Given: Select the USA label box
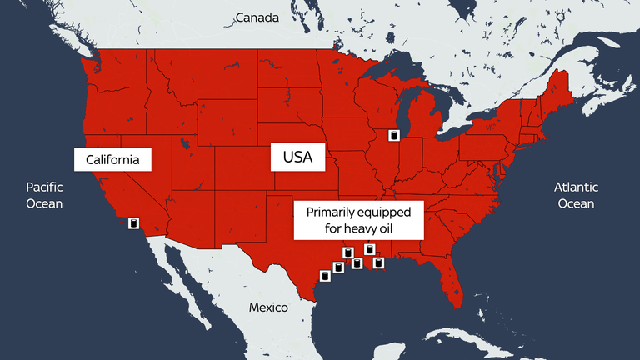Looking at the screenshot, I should coord(297,156).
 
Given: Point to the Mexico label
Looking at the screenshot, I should coord(268,307).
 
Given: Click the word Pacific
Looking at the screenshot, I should coord(44,187).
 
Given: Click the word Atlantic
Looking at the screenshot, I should coord(576,187).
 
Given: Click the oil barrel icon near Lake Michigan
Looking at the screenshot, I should coord(395,135).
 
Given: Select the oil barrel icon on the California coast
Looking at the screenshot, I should coord(133,223).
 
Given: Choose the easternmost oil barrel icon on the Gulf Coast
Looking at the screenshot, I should coord(378,263).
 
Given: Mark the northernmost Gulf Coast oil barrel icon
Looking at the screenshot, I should coord(370,248).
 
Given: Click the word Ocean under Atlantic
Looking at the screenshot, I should coord(576,203).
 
